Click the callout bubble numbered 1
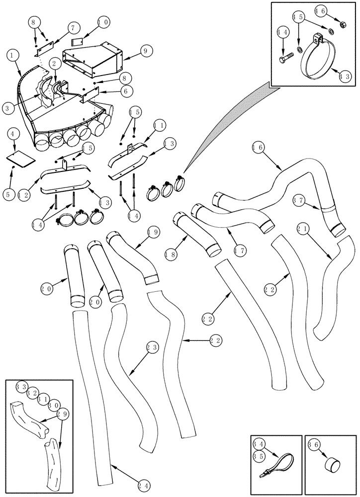coord(14,56)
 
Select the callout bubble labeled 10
coord(103,22)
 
